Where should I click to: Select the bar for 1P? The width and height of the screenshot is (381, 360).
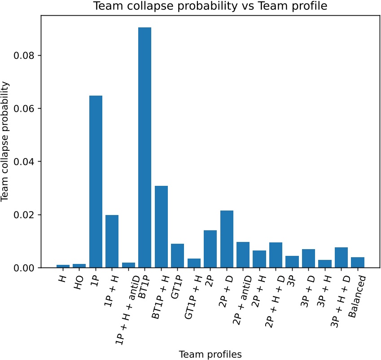point(96,181)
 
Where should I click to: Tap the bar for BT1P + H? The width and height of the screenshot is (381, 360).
point(161,227)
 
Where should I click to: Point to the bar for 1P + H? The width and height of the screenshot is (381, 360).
point(112,241)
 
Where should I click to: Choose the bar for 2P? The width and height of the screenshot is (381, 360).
point(210,249)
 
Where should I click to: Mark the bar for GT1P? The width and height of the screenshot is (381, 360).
point(177,255)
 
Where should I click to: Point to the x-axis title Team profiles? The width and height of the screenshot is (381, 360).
point(210,354)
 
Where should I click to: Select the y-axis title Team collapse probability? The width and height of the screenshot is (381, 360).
point(6,141)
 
